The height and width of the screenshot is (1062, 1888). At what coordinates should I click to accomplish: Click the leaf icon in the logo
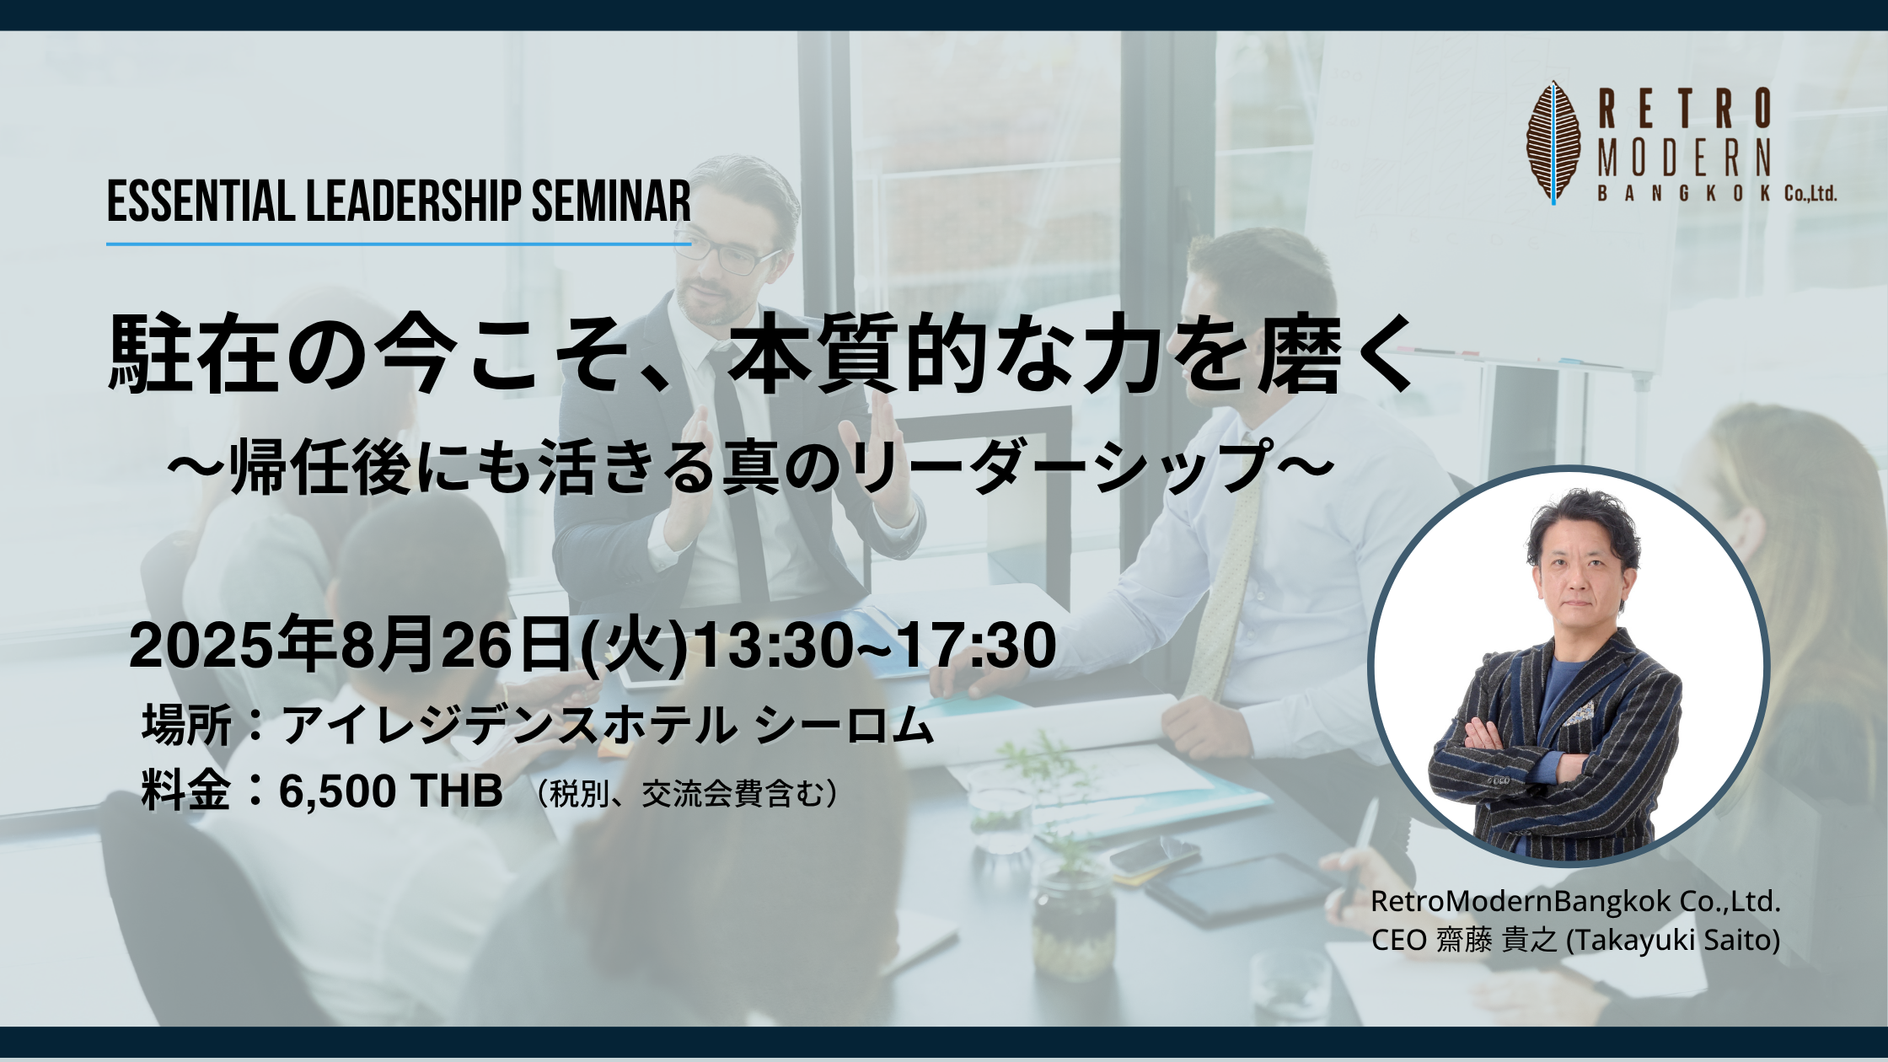[x=1553, y=142]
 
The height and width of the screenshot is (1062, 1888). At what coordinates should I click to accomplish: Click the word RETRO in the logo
[x=1685, y=110]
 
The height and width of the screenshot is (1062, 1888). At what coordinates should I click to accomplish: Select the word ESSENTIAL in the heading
[x=201, y=202]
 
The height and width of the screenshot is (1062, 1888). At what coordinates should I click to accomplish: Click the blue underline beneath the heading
[x=399, y=244]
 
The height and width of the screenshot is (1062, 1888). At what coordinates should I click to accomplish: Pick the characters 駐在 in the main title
[x=193, y=354]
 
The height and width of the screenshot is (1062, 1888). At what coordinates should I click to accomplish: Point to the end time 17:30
[x=976, y=646]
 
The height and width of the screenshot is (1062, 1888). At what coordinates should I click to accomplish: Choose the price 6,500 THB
[x=390, y=791]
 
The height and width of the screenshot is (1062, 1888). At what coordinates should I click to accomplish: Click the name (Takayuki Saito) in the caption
[x=1672, y=940]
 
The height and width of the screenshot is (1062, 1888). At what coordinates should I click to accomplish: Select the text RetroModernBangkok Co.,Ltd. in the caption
[x=1575, y=901]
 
